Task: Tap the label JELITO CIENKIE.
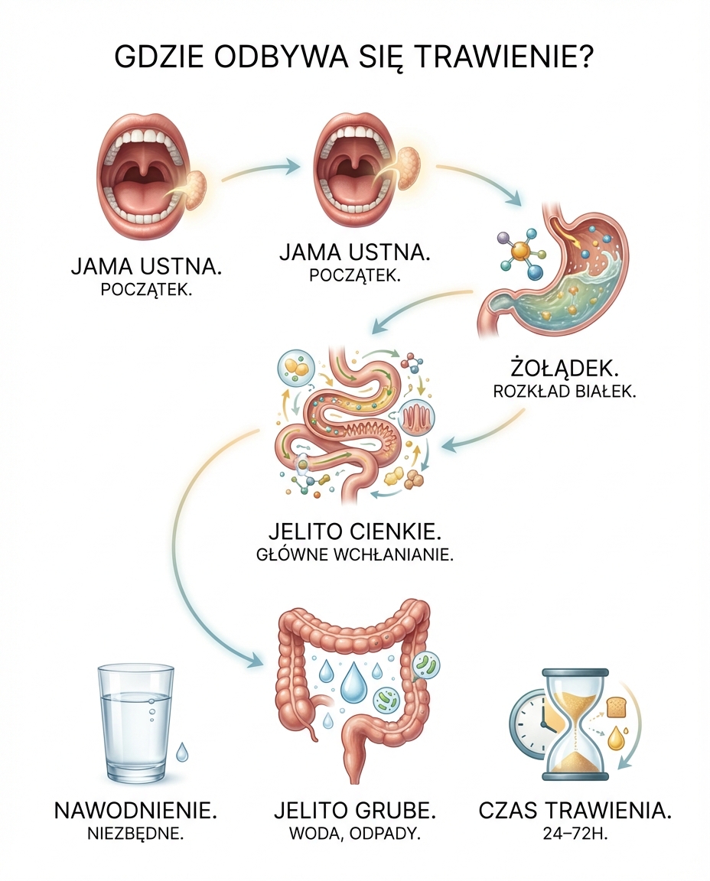[x=355, y=531]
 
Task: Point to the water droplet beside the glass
[x=181, y=753]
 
